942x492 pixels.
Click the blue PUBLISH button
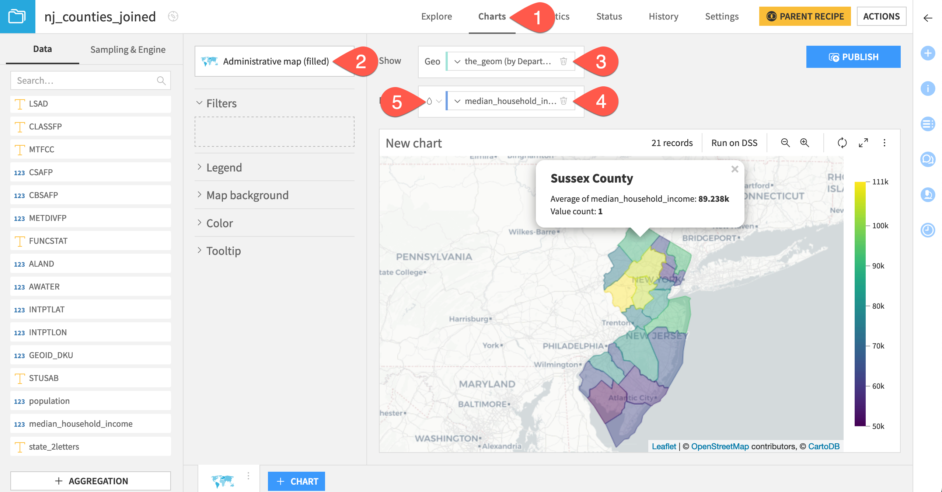click(853, 57)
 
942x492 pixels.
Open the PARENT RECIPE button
click(805, 17)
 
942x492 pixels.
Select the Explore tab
click(436, 17)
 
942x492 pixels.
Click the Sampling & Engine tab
click(128, 49)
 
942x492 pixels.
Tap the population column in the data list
click(49, 401)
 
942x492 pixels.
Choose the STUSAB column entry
click(43, 378)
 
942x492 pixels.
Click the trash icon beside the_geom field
click(563, 61)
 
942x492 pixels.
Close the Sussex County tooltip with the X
click(735, 169)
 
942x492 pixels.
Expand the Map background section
click(247, 195)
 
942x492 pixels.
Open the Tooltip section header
click(223, 251)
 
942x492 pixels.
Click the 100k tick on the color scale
click(880, 226)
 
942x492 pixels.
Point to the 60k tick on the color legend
click(878, 386)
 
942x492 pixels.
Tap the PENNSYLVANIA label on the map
click(434, 257)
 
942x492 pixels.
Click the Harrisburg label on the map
click(468, 319)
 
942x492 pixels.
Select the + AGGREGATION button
click(91, 481)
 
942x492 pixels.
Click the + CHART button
click(296, 481)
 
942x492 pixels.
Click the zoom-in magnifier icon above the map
click(804, 143)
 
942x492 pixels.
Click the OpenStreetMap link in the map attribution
click(720, 446)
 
